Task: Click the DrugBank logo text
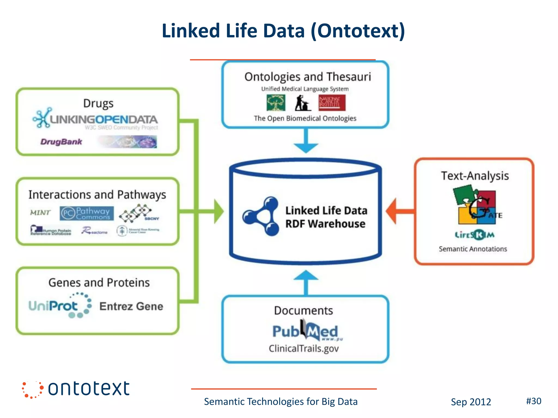tap(61, 142)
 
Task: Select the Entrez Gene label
tap(131, 306)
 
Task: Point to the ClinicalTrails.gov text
tap(304, 349)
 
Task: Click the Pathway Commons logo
tap(87, 213)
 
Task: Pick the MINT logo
tap(40, 213)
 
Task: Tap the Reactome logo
tap(94, 231)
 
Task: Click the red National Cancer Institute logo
tap(332, 103)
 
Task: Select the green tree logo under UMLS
tap(276, 103)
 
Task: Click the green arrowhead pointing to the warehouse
tap(218, 211)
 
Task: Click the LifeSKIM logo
tap(474, 235)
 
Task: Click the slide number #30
tap(533, 401)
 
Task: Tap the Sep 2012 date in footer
tap(471, 402)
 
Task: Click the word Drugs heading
tap(98, 103)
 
